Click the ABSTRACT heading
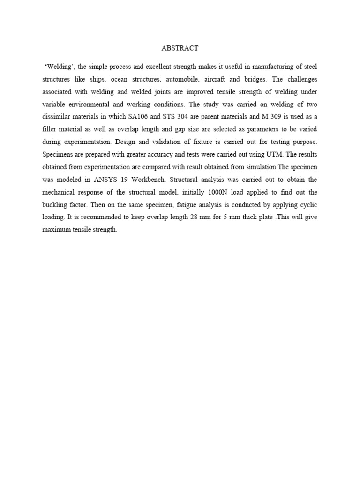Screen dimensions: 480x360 click(x=180, y=48)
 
